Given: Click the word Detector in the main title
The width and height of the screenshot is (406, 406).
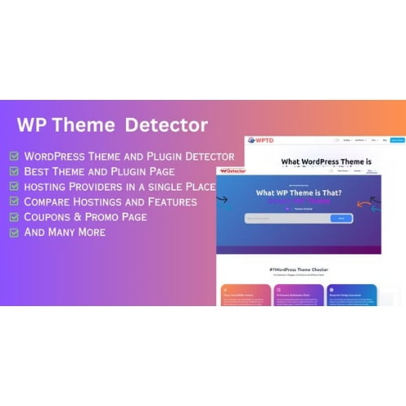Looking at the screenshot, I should point(166,126).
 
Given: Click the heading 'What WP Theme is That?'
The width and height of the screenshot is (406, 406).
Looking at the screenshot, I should point(300,192).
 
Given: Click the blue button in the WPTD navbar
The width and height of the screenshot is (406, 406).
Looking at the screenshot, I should point(396,140).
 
